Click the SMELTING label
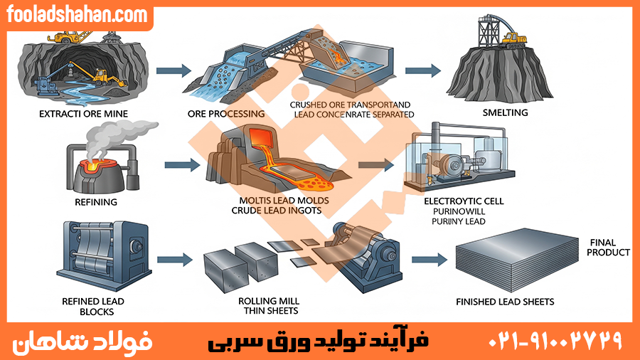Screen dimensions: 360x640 [506, 112]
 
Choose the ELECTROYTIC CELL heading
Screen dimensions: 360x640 [463, 201]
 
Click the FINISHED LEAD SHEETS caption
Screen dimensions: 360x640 [505, 302]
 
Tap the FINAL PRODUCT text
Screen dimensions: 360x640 [609, 248]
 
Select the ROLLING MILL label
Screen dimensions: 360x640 [271, 301]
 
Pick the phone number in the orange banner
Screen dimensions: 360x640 [555, 341]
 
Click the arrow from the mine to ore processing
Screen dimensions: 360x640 [174, 70]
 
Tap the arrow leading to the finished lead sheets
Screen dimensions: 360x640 [429, 260]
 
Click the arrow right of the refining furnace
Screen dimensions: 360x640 [183, 166]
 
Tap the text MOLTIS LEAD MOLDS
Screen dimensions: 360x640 [280, 201]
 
